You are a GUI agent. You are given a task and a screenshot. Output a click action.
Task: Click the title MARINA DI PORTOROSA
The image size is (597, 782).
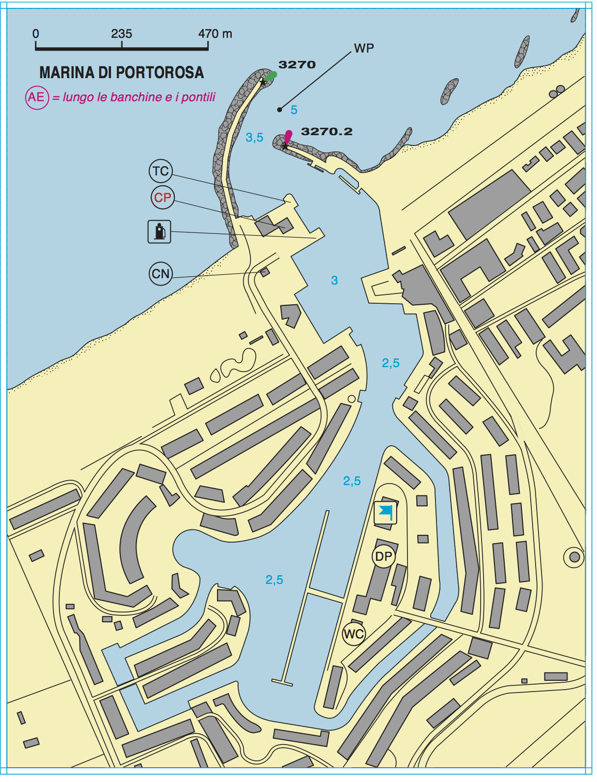[x=121, y=73]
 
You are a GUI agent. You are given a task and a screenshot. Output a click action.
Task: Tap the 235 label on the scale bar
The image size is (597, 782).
[x=121, y=34]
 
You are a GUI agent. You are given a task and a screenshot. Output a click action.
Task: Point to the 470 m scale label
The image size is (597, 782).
[x=215, y=34]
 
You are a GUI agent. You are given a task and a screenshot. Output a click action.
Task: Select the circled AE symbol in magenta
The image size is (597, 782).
[x=37, y=97]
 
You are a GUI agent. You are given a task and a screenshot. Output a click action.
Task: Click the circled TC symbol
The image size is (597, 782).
[x=161, y=171]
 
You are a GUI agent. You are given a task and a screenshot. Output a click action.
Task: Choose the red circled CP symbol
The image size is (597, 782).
[x=163, y=198]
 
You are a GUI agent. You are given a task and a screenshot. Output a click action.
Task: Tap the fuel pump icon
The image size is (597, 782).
[x=160, y=232]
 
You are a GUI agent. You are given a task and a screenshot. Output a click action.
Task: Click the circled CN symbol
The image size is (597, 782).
[x=161, y=274]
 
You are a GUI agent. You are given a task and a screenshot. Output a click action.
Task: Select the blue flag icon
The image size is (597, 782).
[x=386, y=513]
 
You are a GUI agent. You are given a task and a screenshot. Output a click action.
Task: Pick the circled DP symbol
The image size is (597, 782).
[x=383, y=556]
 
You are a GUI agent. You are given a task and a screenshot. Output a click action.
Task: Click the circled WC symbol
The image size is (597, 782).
[x=353, y=634]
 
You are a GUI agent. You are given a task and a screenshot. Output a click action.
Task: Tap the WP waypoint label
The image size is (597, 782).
[x=364, y=48]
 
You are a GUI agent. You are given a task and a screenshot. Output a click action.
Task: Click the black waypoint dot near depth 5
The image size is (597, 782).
[x=279, y=110]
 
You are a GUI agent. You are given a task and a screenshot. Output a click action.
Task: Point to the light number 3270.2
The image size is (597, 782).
[x=326, y=132]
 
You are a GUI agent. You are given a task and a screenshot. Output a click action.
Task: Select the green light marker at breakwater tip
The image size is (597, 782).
[x=270, y=76]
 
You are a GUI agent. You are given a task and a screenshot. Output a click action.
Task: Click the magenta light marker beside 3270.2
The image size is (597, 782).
[x=288, y=136]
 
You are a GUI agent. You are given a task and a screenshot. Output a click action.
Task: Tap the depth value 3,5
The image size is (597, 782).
[x=254, y=138]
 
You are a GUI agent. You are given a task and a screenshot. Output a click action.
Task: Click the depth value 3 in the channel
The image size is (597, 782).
[x=334, y=281]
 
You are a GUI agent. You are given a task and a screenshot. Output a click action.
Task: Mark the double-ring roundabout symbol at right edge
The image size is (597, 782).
[x=574, y=557]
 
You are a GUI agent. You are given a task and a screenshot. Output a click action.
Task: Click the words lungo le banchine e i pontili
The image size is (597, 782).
[x=139, y=97]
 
